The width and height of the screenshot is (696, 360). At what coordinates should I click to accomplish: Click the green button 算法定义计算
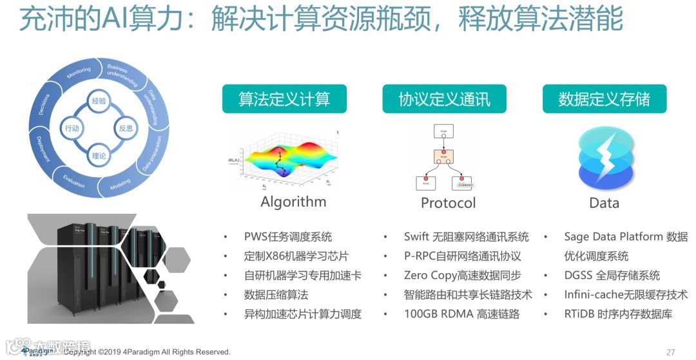(x=284, y=99)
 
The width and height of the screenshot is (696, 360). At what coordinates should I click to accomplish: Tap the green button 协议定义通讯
(x=444, y=99)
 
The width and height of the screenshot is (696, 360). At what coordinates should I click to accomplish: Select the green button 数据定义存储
(x=604, y=99)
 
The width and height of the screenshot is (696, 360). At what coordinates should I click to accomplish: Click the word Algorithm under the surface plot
(x=293, y=202)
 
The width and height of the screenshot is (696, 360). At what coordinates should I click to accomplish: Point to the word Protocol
(x=448, y=203)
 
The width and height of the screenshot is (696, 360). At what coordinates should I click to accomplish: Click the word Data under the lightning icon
(x=604, y=203)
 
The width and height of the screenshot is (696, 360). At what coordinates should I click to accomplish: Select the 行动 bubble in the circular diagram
(x=72, y=128)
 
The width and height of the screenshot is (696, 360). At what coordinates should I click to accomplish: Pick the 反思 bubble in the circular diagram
(x=126, y=128)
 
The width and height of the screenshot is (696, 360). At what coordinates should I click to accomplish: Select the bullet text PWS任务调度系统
(x=287, y=236)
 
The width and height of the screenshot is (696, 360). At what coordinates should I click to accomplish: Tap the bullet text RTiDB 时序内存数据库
(x=618, y=314)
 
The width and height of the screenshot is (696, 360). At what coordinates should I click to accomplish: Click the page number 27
(x=670, y=352)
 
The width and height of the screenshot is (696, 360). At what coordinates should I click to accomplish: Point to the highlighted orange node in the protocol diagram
(x=444, y=156)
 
